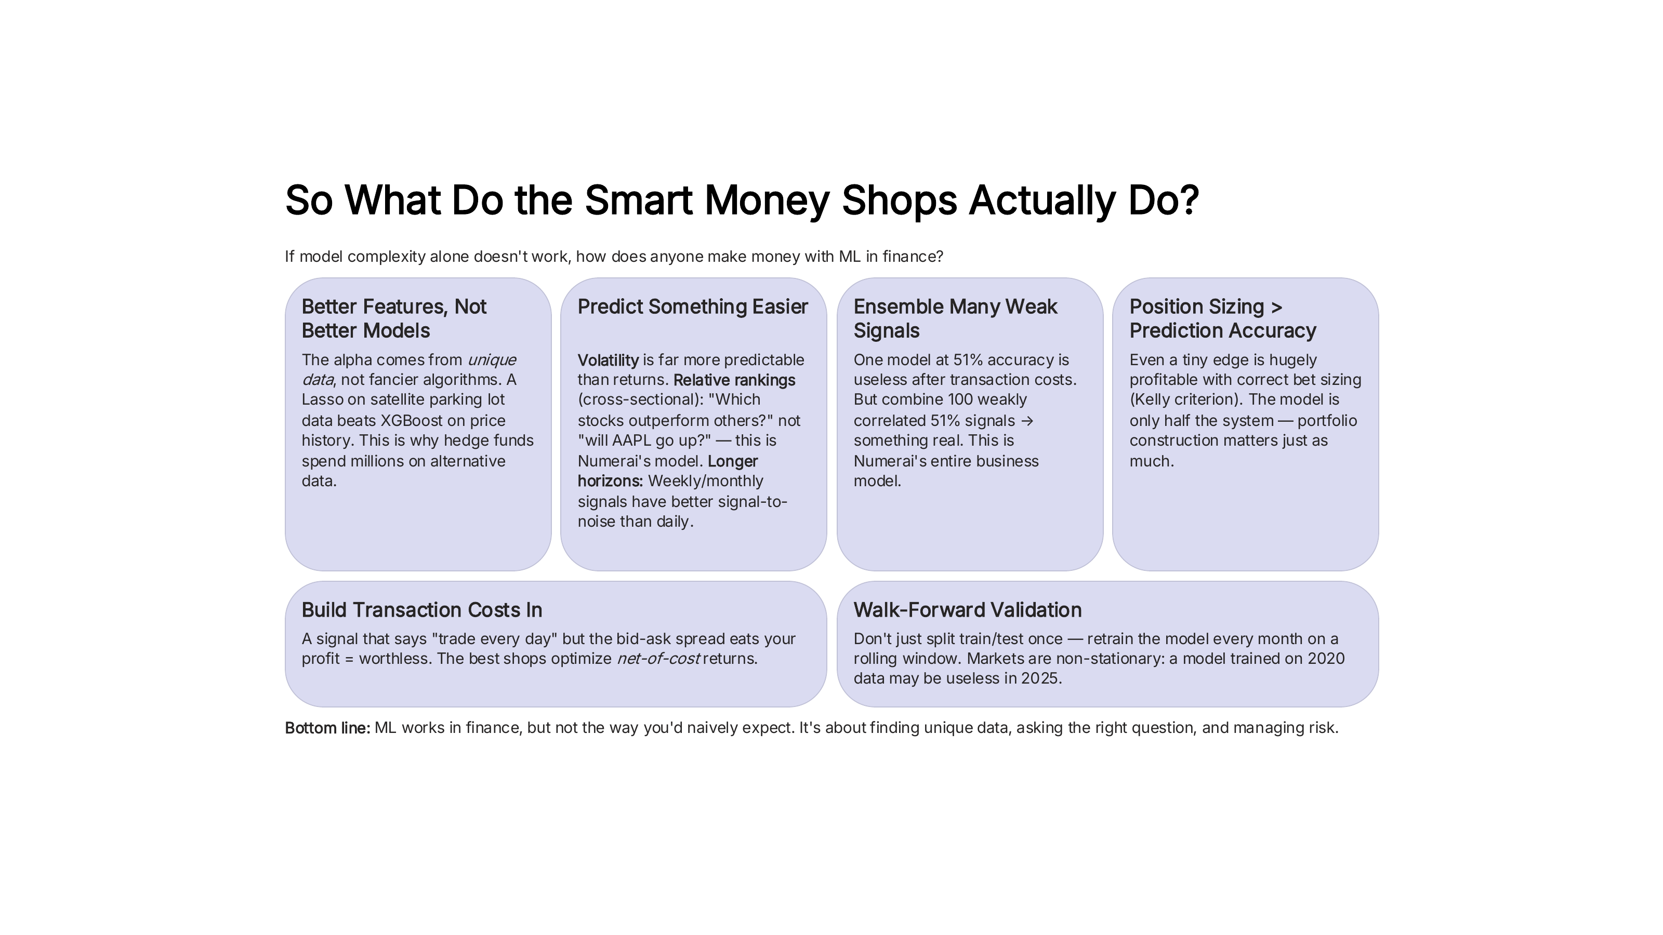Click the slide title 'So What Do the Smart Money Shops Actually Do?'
click(x=742, y=200)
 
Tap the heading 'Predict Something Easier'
click(x=692, y=306)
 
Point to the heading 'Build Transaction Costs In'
click(x=421, y=610)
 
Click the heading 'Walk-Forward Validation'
click(x=967, y=610)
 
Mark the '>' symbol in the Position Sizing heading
click(x=1276, y=307)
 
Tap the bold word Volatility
click(x=608, y=360)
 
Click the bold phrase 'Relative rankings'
click(x=734, y=380)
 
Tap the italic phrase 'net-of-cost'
click(x=658, y=659)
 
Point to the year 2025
click(x=1039, y=679)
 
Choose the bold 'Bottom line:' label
click(x=327, y=728)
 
